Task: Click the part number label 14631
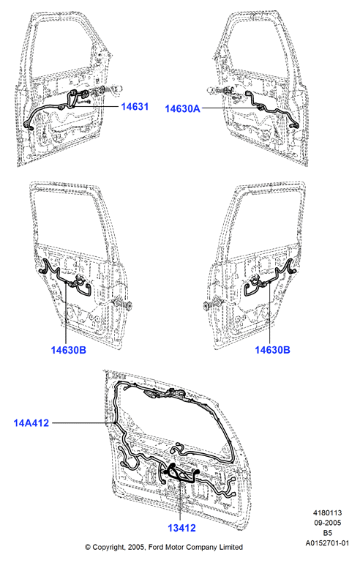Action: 135,107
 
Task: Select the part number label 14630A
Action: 182,108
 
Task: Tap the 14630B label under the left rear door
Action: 69,350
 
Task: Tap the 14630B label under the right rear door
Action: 272,350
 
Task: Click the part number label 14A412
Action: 31,422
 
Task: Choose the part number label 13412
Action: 181,528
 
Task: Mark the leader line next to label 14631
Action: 96,106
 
